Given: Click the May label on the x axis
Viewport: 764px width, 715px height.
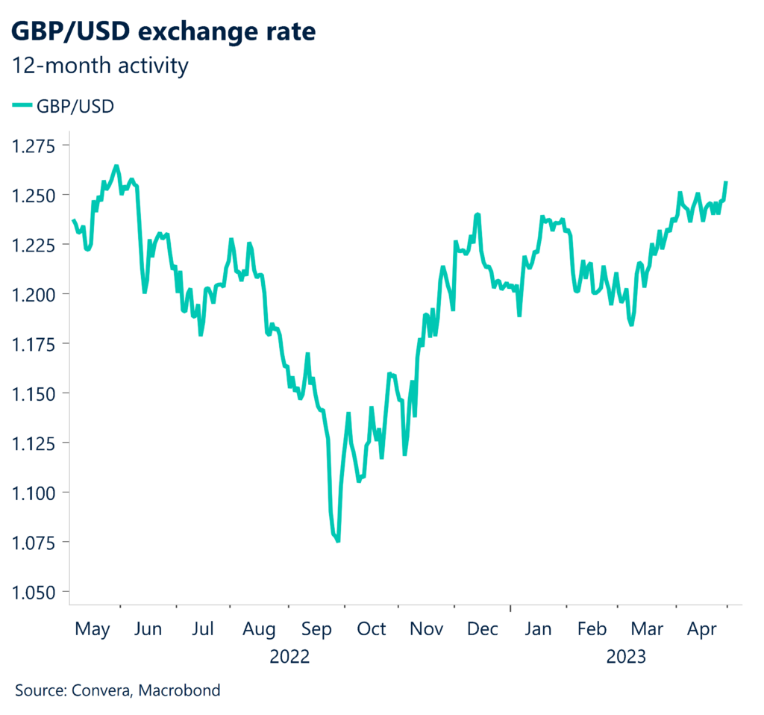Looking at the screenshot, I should [x=93, y=629].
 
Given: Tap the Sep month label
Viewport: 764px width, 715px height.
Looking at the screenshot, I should [x=316, y=629].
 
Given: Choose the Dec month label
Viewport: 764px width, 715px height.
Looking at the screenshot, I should [x=483, y=629].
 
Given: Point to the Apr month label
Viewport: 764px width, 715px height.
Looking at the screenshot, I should [x=701, y=629].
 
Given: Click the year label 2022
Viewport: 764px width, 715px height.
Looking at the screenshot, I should [x=289, y=658].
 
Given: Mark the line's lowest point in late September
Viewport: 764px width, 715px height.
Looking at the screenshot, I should [x=338, y=541].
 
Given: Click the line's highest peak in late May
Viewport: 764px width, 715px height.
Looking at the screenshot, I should [x=116, y=166].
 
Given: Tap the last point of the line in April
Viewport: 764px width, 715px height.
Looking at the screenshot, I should [x=726, y=182].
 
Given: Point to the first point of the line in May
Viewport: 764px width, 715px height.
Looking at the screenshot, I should [x=73, y=220].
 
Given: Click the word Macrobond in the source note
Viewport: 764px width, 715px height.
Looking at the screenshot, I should [x=184, y=690].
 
